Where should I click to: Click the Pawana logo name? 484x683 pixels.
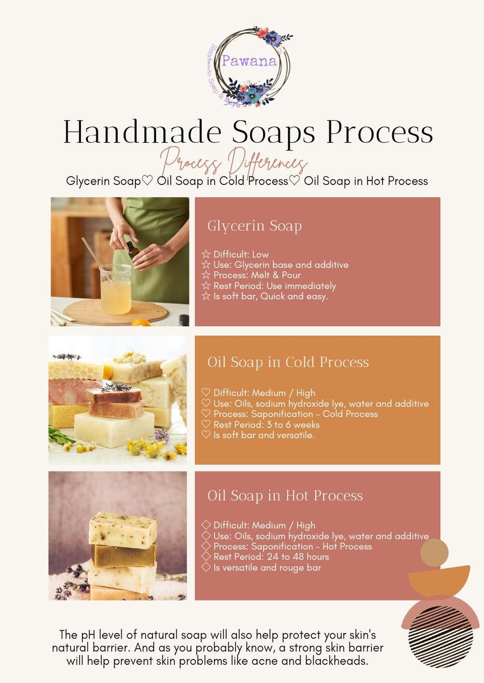click(x=249, y=61)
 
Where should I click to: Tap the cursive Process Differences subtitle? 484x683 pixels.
click(x=234, y=161)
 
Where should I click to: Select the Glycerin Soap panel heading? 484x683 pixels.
click(x=254, y=226)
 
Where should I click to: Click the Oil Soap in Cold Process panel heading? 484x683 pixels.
click(x=288, y=362)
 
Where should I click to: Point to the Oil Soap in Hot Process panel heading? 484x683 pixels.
click(x=285, y=496)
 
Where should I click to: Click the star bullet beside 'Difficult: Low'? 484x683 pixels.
click(x=206, y=254)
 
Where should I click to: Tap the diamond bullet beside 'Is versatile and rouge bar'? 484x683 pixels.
click(x=206, y=567)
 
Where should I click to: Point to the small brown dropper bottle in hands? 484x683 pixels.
click(x=133, y=248)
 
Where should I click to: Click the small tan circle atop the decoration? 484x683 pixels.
click(x=434, y=553)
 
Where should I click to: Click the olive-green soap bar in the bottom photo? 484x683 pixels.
click(x=124, y=556)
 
